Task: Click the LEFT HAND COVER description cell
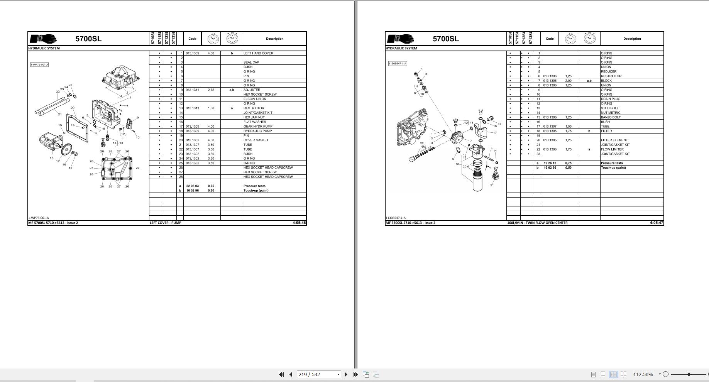[258, 53]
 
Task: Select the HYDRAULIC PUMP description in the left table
[257, 131]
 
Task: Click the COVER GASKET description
[256, 140]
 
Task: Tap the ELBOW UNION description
[255, 99]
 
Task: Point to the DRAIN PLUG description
[611, 99]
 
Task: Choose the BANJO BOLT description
[611, 117]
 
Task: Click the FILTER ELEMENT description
[614, 140]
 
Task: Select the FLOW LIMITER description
[612, 149]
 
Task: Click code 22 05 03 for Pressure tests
[193, 186]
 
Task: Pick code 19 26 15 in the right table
[550, 163]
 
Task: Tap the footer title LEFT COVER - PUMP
[165, 223]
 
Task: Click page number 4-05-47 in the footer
[657, 223]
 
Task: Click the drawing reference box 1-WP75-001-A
[39, 64]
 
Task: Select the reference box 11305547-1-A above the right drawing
[398, 63]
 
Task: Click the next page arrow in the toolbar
[346, 374]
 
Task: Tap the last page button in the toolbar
[355, 374]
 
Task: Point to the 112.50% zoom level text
[643, 374]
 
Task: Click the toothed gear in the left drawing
[67, 149]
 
